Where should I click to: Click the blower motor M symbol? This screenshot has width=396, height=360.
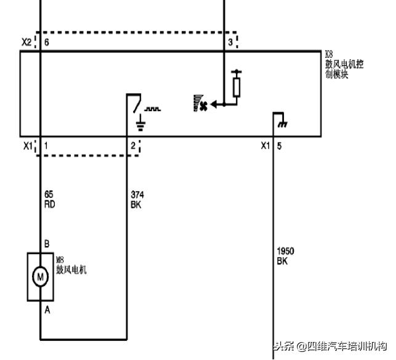40,277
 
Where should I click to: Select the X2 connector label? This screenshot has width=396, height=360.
26,42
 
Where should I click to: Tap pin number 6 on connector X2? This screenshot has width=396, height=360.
46,42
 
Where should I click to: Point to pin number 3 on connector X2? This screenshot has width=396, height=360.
230,42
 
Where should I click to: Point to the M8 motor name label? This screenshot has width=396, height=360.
71,266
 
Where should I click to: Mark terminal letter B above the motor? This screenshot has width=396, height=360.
47,243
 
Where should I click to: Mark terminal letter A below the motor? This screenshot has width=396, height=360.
47,310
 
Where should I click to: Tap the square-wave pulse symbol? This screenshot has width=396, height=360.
152,109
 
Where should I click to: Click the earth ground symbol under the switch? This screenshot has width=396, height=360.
140,126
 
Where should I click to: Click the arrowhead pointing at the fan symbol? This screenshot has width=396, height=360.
214,105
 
